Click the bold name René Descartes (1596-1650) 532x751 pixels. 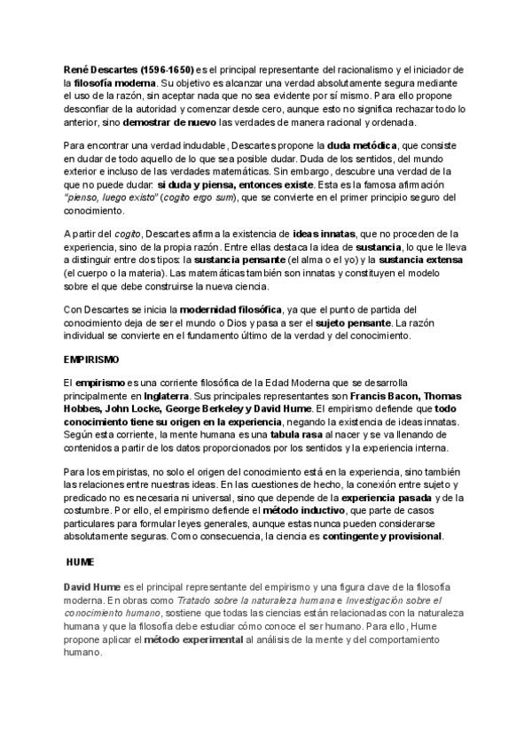click(x=129, y=69)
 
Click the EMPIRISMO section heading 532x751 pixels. click(x=91, y=361)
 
